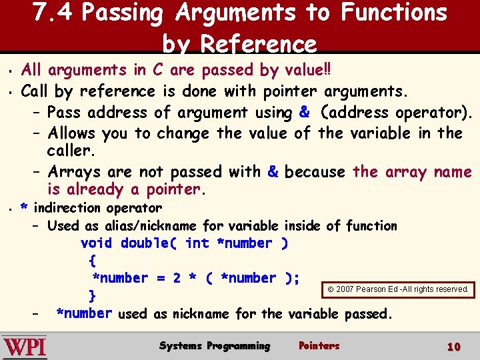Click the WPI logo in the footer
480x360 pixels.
point(25,347)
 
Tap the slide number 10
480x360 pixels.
point(454,347)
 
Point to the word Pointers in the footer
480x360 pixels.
point(319,345)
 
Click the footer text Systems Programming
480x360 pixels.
point(215,345)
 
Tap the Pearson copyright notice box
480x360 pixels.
point(399,289)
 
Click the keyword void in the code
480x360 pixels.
point(96,243)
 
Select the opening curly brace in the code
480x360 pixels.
point(92,261)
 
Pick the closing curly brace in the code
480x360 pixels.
point(93,295)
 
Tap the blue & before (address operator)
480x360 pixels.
point(305,112)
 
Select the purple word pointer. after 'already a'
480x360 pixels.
point(174,190)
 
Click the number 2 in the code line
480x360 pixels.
point(177,278)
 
